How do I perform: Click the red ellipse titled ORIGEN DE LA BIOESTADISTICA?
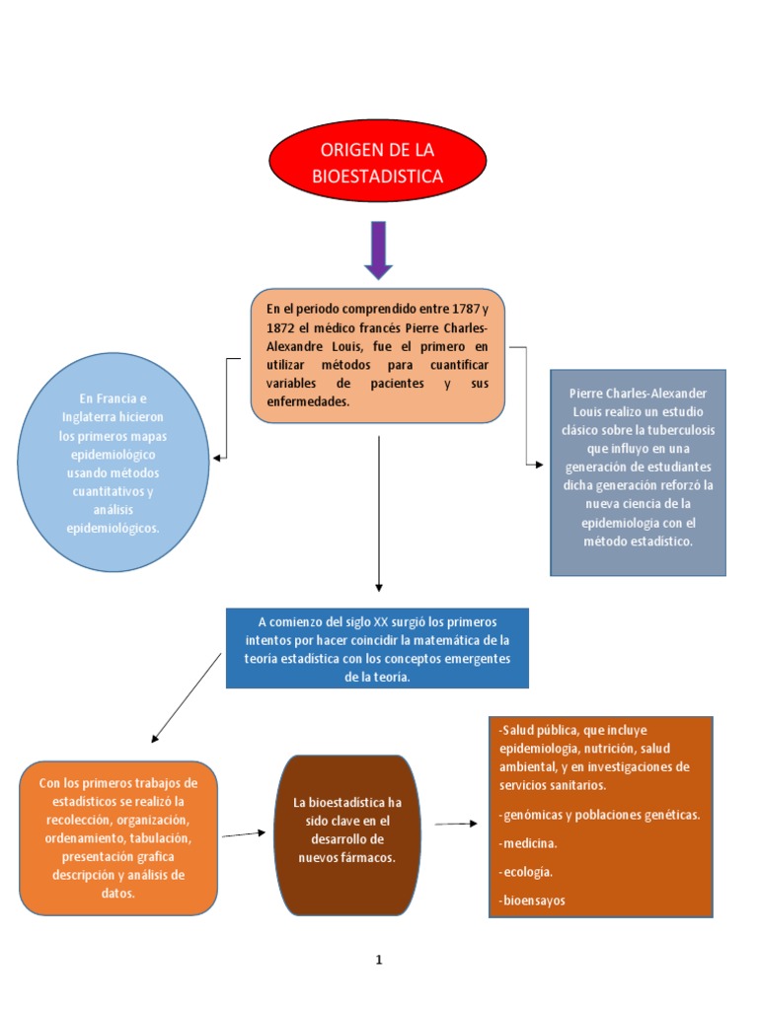[378, 163]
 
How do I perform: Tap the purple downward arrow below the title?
[378, 250]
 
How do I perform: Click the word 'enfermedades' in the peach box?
[308, 402]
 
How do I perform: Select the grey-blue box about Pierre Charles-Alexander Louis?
[638, 472]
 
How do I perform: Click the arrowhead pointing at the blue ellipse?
[218, 458]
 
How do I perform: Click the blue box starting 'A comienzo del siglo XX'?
[377, 648]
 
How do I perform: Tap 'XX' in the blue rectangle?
[381, 621]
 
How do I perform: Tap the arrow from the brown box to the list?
[456, 824]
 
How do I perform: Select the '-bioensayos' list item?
[533, 901]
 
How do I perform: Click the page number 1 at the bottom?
[378, 959]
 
